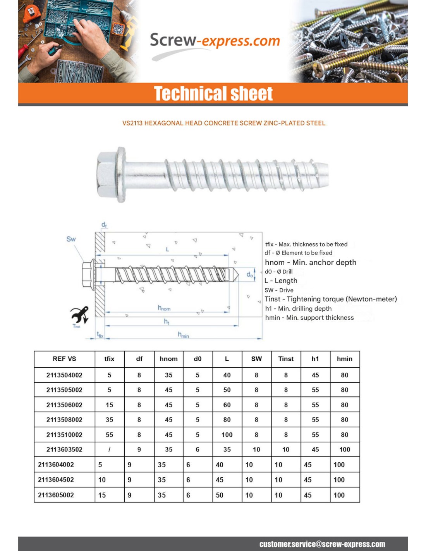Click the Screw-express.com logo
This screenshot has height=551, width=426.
[215, 41]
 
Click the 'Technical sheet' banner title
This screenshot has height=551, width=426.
[213, 94]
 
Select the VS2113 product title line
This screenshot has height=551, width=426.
[224, 123]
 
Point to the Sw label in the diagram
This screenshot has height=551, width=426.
[71, 239]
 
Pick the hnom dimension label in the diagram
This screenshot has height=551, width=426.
[164, 308]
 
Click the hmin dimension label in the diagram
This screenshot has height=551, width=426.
[183, 334]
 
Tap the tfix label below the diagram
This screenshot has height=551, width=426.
[100, 335]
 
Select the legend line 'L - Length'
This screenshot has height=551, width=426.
[281, 281]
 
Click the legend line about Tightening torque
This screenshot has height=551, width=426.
[331, 299]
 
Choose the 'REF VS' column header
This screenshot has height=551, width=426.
[64, 359]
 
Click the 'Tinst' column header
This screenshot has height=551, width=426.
[286, 359]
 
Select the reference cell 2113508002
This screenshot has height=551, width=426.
[64, 420]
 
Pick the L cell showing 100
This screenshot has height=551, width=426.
[227, 435]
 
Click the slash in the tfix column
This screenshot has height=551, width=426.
[109, 449]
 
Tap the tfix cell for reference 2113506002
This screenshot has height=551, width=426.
[110, 405]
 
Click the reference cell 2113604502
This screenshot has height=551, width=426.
[56, 480]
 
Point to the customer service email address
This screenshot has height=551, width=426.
[322, 544]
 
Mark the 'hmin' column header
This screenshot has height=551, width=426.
[345, 359]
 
